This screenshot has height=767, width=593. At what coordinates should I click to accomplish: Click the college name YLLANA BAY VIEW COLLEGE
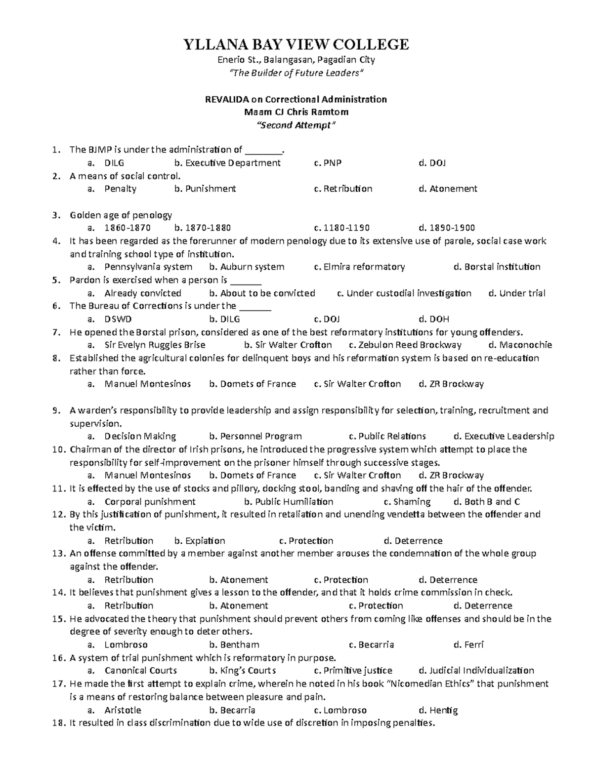click(x=296, y=44)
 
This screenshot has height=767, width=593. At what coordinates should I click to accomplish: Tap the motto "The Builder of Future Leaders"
click(x=296, y=73)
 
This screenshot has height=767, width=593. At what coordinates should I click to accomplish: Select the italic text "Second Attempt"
click(x=296, y=125)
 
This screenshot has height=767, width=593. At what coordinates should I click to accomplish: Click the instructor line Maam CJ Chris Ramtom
click(x=296, y=112)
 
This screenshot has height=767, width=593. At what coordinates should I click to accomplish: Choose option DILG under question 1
click(x=114, y=162)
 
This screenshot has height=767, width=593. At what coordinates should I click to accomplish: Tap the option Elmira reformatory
click(x=364, y=267)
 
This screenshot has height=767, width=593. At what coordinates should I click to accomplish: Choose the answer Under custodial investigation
click(x=409, y=293)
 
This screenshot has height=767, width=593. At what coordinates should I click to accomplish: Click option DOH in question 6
click(x=439, y=319)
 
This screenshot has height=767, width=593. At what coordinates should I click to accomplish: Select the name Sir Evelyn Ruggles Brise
click(x=155, y=345)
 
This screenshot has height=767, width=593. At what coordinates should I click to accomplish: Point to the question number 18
click(x=58, y=723)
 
